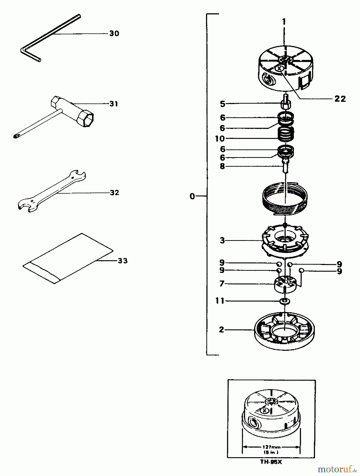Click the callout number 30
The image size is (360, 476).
(114, 34)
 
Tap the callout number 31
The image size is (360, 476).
(114, 104)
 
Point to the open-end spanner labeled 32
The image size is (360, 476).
(52, 192)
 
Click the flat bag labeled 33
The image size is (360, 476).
(67, 258)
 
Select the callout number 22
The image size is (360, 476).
(340, 99)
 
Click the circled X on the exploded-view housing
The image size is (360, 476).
(279, 69)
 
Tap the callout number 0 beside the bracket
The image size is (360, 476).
(192, 196)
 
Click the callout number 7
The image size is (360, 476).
(222, 284)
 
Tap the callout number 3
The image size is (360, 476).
(222, 241)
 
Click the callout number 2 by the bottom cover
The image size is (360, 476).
(221, 330)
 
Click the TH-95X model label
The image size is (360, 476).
(271, 462)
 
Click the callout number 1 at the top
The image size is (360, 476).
(284, 22)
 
